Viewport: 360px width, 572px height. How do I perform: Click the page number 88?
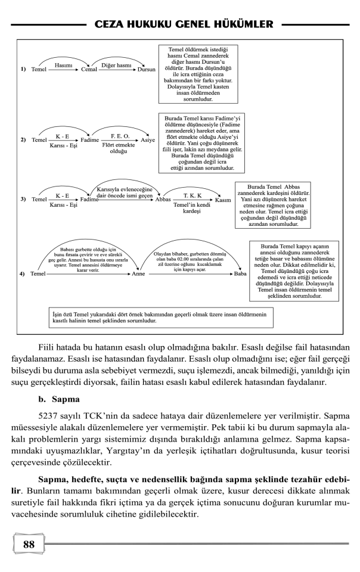29,545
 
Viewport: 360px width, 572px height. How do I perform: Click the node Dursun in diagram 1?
146,70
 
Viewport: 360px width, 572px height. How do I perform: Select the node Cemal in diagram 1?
89,70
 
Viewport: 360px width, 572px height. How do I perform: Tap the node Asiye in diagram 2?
147,141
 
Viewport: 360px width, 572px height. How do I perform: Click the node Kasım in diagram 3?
223,200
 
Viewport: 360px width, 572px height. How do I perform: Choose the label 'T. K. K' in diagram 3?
192,195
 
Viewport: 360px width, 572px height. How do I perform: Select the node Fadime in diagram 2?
90,141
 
